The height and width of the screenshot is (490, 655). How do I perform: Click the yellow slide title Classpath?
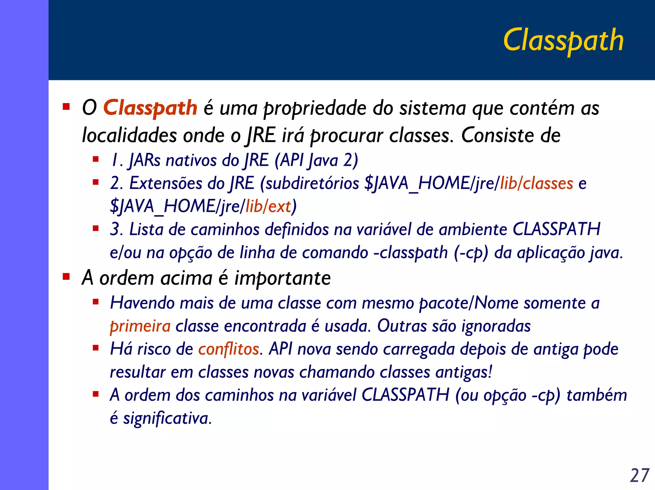point(563,40)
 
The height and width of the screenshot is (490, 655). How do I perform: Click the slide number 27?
point(639,476)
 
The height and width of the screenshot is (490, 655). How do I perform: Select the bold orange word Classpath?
point(150,108)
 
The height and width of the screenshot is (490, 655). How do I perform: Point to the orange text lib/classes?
point(536,183)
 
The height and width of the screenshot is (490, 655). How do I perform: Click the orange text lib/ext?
point(268,206)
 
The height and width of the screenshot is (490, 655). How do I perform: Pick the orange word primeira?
point(140,326)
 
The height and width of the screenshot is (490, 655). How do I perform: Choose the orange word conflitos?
point(228,349)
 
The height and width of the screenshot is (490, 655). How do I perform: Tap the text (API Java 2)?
point(316,160)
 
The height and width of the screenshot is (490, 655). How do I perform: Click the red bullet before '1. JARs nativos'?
point(95,159)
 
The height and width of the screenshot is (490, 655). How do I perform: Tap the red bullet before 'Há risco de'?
point(95,348)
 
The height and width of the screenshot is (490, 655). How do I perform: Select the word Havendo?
point(142,303)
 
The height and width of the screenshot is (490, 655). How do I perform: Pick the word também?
point(596,395)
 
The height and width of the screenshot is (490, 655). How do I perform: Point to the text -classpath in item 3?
point(411,253)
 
